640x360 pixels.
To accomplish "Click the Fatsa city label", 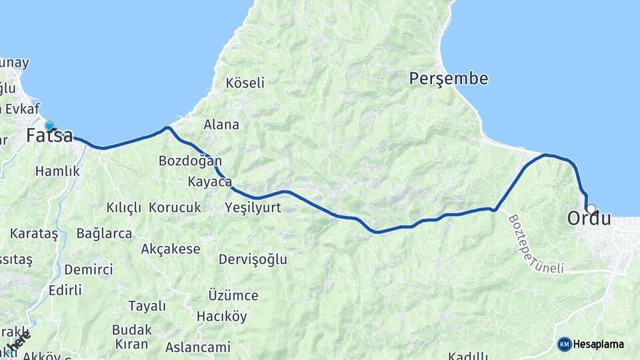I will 50,136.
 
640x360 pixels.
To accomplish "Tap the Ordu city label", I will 589,218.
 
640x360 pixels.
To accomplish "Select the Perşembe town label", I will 449,79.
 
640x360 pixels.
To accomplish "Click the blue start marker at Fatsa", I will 49,125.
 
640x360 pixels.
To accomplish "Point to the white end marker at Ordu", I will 591,208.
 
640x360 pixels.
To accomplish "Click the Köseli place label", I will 245,83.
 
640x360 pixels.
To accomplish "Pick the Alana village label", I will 221,125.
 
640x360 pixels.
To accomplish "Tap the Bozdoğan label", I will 190,161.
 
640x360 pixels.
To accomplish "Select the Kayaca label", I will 209,182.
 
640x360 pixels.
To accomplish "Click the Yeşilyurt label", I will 253,207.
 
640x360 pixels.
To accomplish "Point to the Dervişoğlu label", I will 253,259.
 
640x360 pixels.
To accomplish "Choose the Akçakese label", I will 171,249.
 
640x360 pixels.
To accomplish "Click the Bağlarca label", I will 104,233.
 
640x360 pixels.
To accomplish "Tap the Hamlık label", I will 57,171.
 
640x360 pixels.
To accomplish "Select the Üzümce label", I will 233,295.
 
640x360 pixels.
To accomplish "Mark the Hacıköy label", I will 221,316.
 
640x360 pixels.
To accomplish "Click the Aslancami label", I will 197,347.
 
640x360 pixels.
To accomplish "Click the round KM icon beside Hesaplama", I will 564,344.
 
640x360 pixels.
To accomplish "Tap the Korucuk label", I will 175,207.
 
